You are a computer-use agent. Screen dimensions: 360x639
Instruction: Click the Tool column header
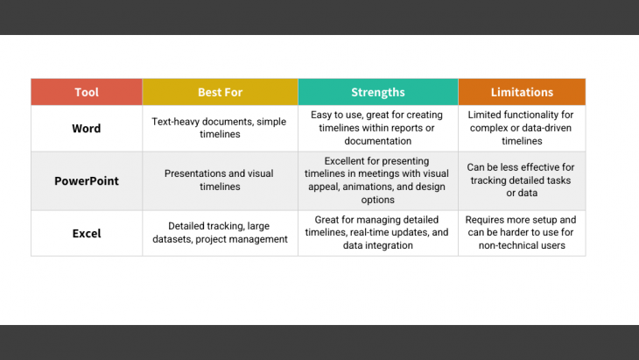(x=87, y=92)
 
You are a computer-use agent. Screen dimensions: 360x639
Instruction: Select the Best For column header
(x=220, y=92)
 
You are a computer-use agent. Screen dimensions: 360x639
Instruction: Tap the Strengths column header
(x=377, y=92)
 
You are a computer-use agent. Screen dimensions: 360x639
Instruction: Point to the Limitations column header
(x=522, y=92)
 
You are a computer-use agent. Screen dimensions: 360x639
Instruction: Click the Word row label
(x=87, y=128)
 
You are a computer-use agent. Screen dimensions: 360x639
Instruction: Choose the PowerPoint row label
(x=87, y=180)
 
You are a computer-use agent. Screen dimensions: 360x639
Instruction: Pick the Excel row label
(x=87, y=233)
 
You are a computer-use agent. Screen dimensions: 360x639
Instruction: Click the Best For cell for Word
(x=220, y=128)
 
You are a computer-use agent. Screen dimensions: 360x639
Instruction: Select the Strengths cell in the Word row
(x=377, y=128)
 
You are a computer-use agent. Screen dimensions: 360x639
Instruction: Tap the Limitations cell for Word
(x=522, y=128)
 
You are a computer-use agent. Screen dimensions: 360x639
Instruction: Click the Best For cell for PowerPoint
(x=220, y=180)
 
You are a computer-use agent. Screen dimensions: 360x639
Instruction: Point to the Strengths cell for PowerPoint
(x=377, y=180)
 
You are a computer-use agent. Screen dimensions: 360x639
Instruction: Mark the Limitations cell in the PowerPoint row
(x=522, y=180)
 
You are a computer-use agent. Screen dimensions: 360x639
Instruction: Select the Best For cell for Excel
(x=220, y=233)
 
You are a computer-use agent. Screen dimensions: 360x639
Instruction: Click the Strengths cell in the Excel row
(x=377, y=233)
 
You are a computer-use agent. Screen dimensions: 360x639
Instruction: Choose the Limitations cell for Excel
(x=522, y=233)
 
